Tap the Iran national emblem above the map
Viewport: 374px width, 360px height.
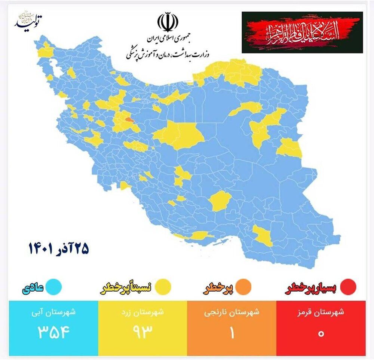click(165, 22)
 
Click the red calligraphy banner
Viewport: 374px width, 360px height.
click(302, 32)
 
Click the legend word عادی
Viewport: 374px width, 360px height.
click(34, 287)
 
